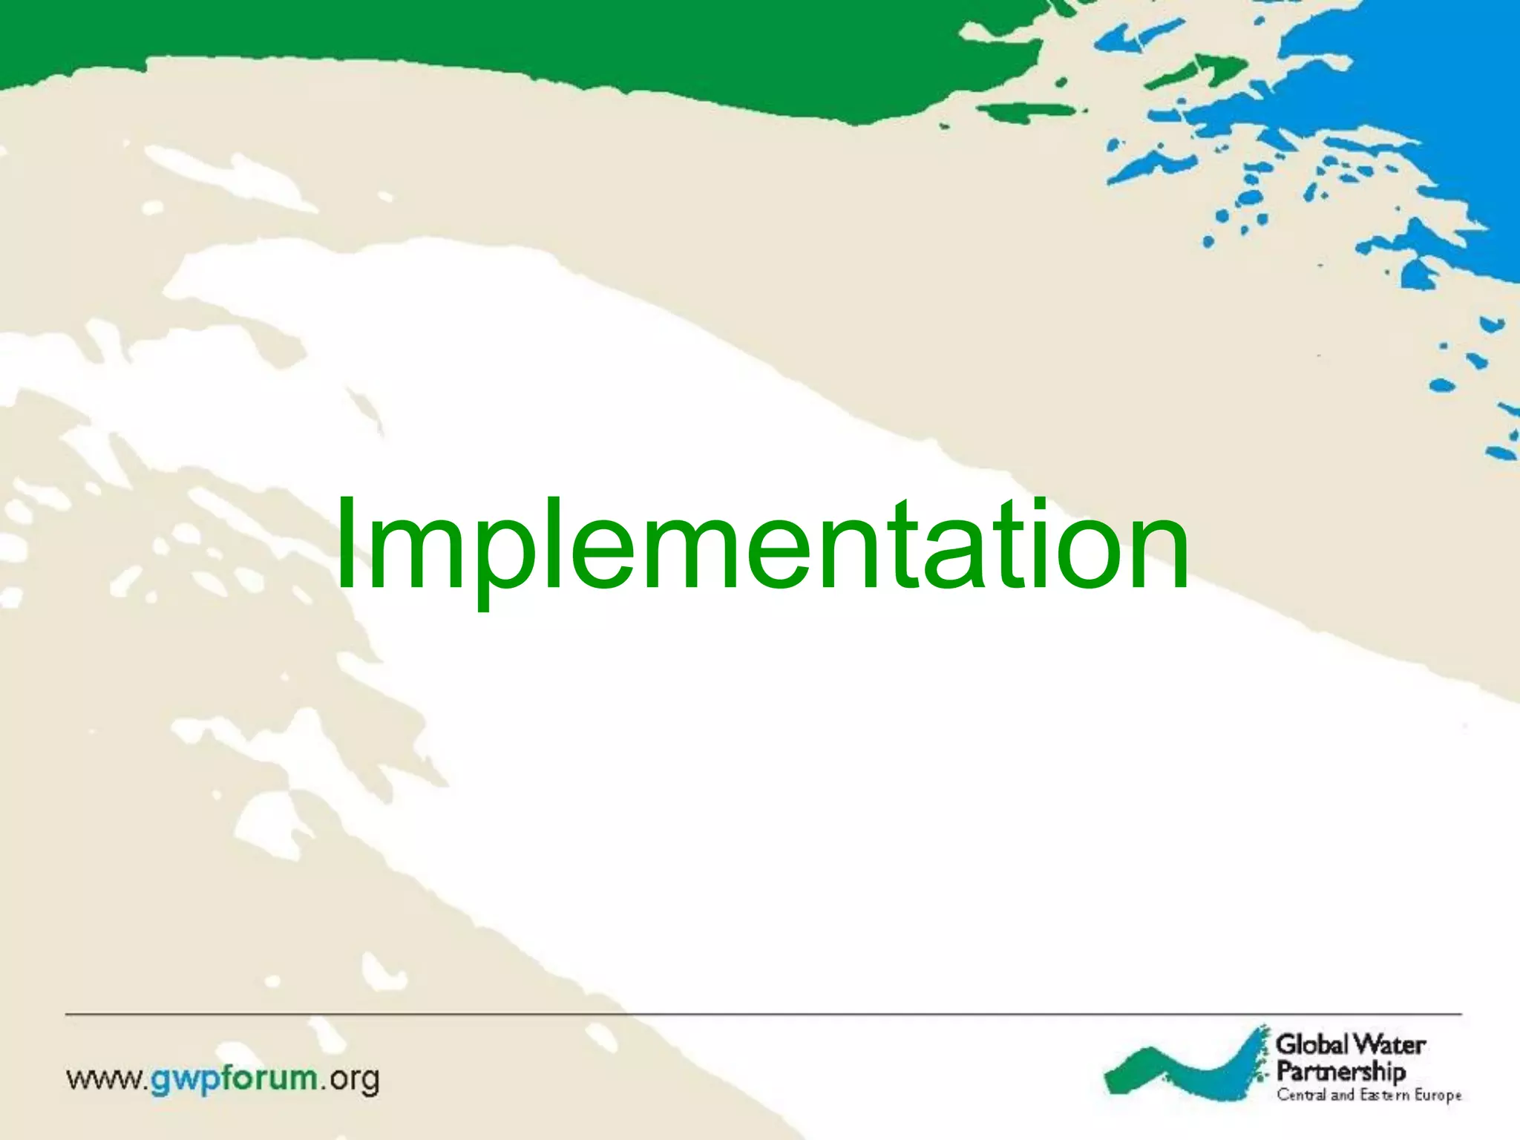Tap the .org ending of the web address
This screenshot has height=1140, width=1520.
(351, 1080)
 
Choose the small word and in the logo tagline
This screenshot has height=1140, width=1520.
(1343, 1095)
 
